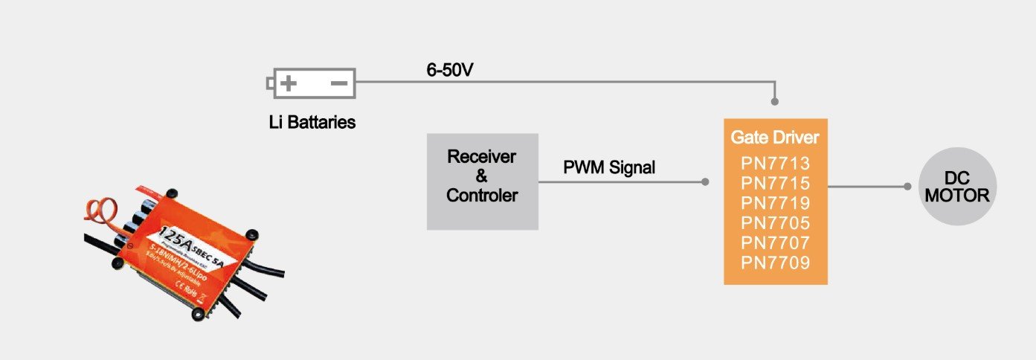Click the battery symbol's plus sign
[289, 83]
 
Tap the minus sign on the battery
[338, 83]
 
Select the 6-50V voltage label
[450, 71]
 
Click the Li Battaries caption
[312, 122]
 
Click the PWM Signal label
[609, 168]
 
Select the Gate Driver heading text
[775, 138]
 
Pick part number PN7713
[775, 164]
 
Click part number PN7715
[775, 183]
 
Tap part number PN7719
[775, 203]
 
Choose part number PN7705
[775, 222]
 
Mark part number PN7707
[775, 242]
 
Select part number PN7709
[775, 263]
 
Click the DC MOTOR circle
[956, 187]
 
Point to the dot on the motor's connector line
[907, 187]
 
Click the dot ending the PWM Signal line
[704, 181]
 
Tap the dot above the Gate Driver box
[775, 101]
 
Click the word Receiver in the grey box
[481, 157]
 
